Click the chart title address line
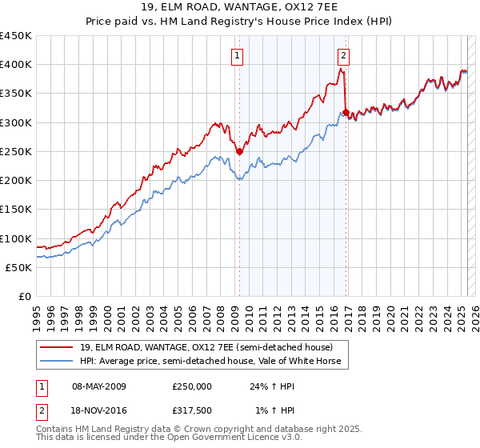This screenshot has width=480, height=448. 239,8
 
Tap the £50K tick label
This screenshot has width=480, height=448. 18,267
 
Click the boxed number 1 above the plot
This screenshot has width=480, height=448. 238,55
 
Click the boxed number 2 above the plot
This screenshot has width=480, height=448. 343,55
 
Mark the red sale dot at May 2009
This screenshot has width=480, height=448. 239,151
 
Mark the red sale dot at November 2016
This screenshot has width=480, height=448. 346,112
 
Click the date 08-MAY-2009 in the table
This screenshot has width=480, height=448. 98,386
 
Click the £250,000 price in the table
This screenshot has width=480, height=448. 192,386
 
